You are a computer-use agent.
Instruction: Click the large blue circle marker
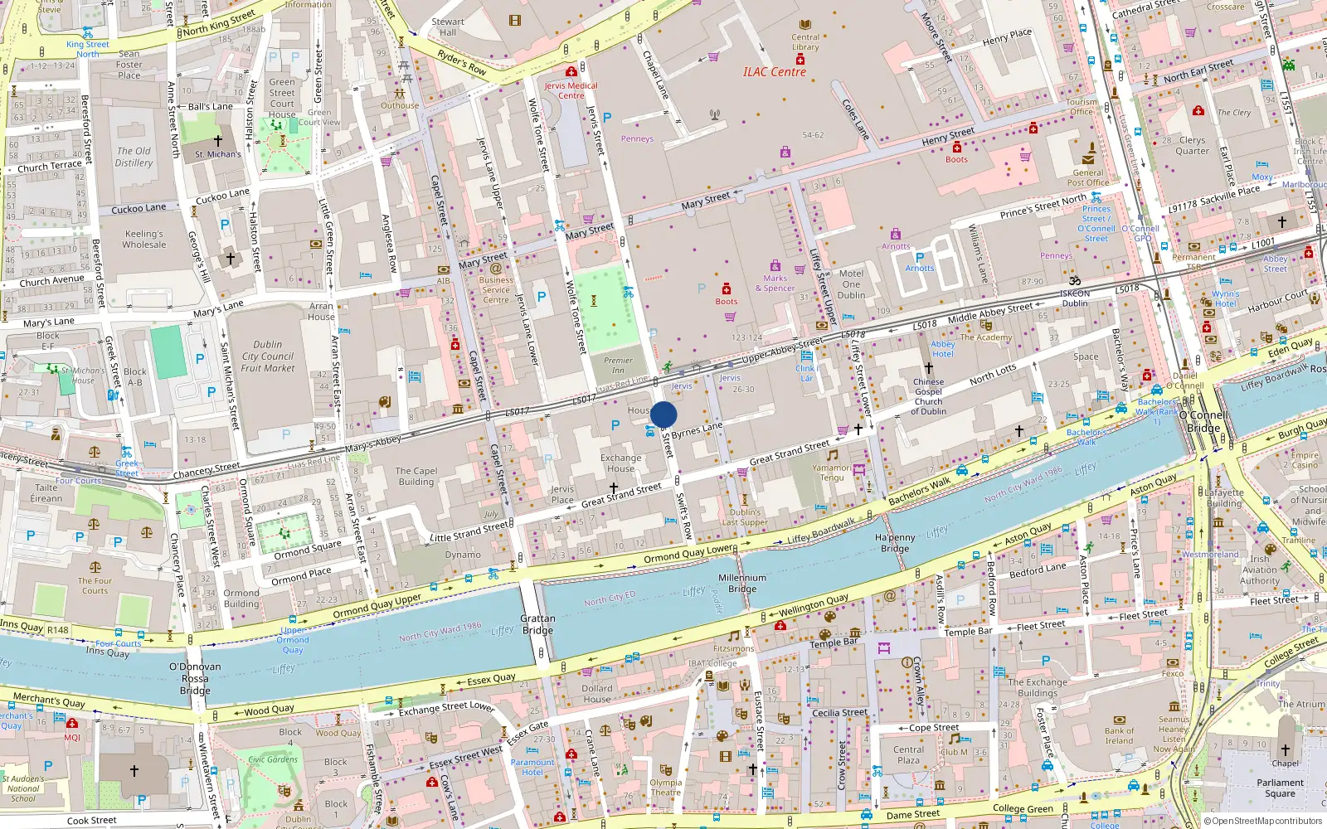pyautogui.click(x=663, y=414)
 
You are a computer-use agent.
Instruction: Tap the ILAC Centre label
pyautogui.click(x=774, y=72)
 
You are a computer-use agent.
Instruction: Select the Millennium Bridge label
pyautogui.click(x=742, y=583)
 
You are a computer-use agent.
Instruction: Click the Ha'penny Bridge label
pyautogui.click(x=895, y=543)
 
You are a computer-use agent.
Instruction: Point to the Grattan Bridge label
pyautogui.click(x=537, y=624)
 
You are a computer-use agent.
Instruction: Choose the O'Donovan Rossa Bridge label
pyautogui.click(x=195, y=678)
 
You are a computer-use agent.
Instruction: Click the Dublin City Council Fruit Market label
pyautogui.click(x=267, y=356)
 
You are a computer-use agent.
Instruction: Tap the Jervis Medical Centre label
pyautogui.click(x=571, y=90)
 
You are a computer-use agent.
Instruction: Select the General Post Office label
pyautogui.click(x=1087, y=177)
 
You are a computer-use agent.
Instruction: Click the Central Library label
pyautogui.click(x=804, y=41)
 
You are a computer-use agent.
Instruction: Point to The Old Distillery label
pyautogui.click(x=134, y=157)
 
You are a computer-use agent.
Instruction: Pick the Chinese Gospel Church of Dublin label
pyautogui.click(x=928, y=396)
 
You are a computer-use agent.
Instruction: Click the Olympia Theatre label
pyautogui.click(x=665, y=788)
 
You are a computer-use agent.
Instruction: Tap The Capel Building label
pyautogui.click(x=416, y=476)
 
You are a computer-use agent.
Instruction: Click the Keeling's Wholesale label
pyautogui.click(x=143, y=239)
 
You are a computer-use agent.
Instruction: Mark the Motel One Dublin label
pyautogui.click(x=851, y=284)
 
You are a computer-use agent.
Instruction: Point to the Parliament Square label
pyautogui.click(x=1280, y=788)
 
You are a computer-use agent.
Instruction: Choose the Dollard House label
pyautogui.click(x=596, y=694)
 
